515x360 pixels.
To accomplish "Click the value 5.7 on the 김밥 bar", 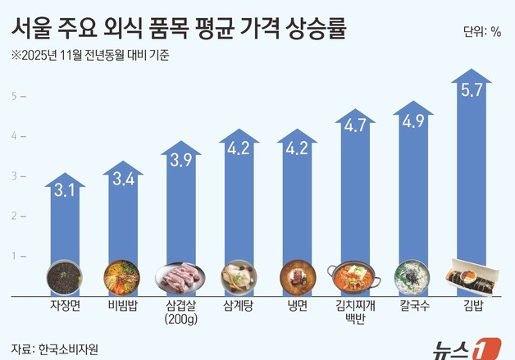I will (x=472, y=92).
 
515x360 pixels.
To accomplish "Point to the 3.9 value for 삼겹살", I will (x=180, y=162).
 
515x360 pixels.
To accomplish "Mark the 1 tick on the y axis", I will (x=13, y=256).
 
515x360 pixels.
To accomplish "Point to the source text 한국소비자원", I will (x=66, y=346).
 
